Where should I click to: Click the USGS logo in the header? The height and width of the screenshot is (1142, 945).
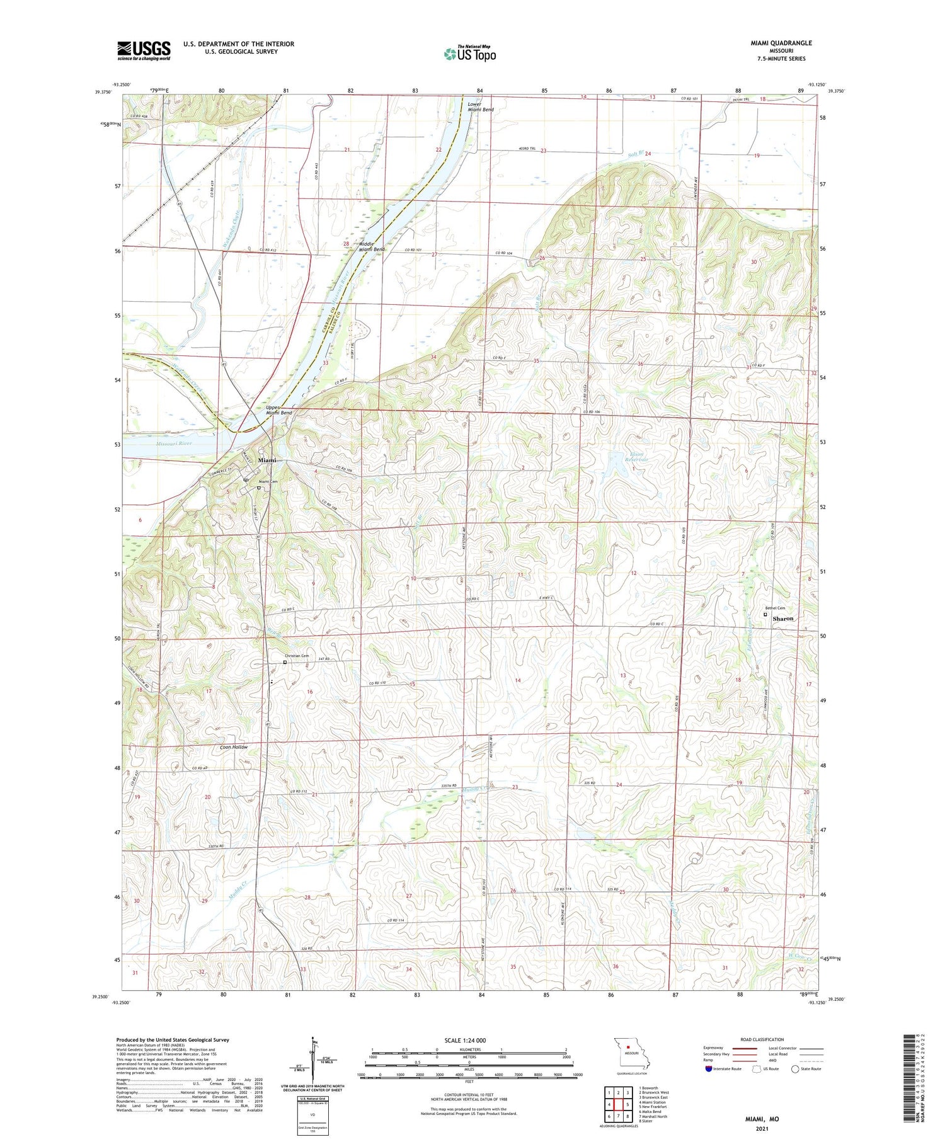click(144, 50)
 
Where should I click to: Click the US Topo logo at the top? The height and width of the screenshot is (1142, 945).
click(470, 54)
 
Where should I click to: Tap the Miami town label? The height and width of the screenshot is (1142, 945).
click(267, 460)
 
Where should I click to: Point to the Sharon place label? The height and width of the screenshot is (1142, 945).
click(783, 619)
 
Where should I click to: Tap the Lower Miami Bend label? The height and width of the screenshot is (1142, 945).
click(480, 106)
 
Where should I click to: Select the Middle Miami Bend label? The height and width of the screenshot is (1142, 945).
click(372, 246)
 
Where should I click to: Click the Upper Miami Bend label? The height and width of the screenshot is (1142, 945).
click(278, 410)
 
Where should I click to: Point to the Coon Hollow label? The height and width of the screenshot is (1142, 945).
click(234, 747)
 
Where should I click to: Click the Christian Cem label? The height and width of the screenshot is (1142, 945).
click(297, 656)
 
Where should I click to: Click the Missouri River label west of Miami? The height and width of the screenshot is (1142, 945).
click(174, 443)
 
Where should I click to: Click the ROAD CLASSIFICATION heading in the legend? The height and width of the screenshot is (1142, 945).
click(763, 1039)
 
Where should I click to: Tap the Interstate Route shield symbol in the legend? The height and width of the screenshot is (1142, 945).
click(709, 1068)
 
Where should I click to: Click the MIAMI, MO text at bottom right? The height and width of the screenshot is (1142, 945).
click(762, 1119)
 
